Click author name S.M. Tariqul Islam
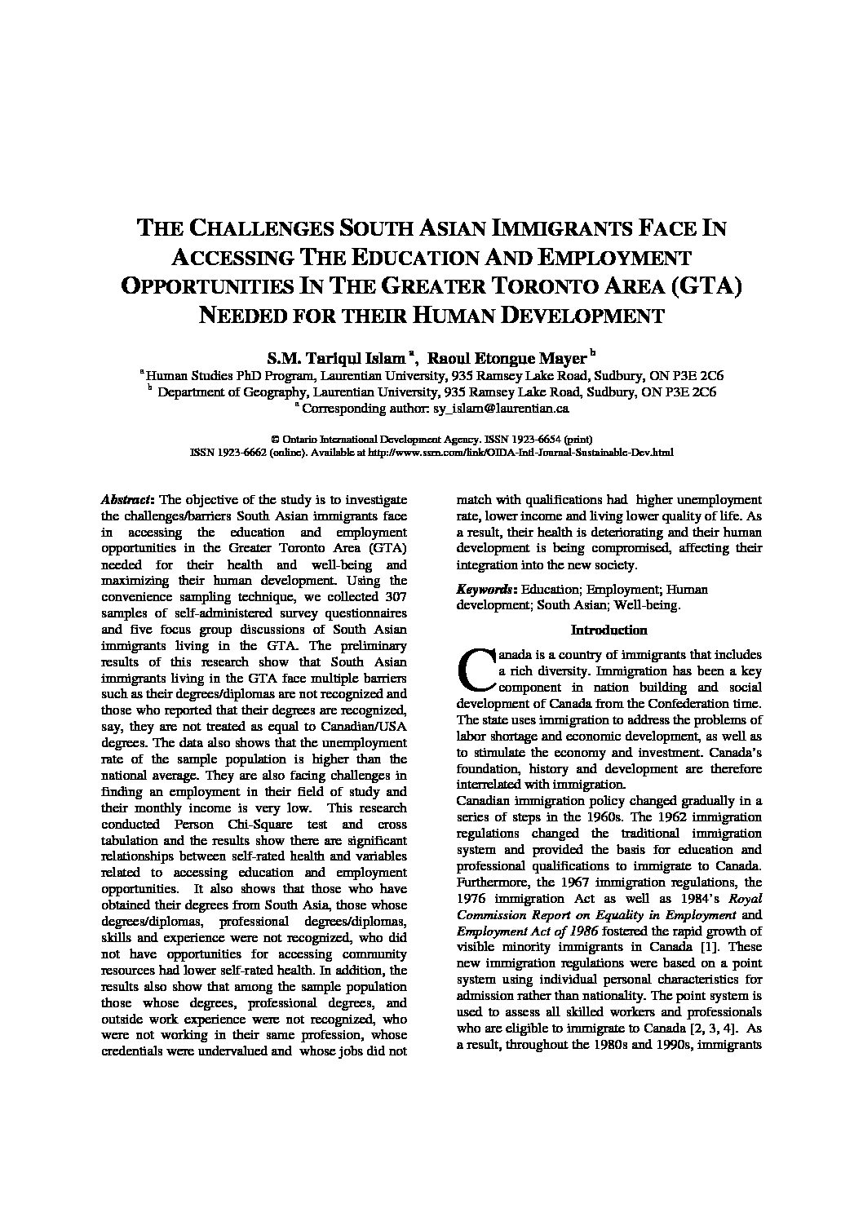(336, 357)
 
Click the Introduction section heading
(609, 630)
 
